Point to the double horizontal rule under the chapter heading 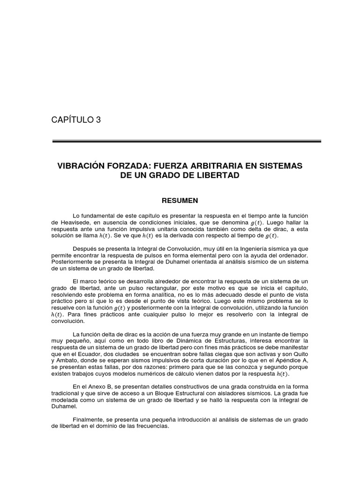pyautogui.click(x=186, y=141)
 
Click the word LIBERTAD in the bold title pyautogui.click(x=218, y=175)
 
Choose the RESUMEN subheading pyautogui.click(x=180, y=201)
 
